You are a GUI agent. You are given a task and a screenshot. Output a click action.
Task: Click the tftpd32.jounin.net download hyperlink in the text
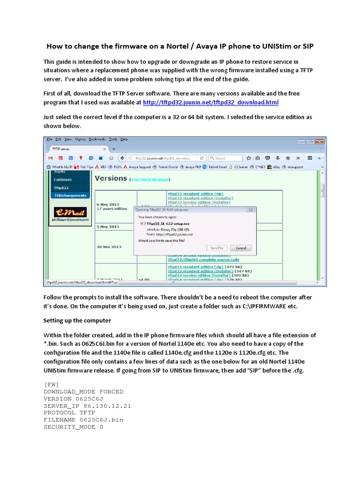211,102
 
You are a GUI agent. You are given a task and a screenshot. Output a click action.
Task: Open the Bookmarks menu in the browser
97,139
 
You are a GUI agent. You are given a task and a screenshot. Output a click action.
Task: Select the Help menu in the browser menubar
124,139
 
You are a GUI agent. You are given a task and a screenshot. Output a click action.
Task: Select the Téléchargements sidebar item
70,195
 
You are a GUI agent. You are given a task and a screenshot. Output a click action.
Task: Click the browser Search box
226,158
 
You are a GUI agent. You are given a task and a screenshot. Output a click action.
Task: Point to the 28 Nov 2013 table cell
109,246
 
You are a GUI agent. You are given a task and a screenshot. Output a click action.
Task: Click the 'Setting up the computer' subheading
77,321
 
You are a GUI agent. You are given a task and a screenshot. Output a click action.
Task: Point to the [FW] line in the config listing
52,384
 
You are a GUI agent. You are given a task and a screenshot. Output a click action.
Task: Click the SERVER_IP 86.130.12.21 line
87,405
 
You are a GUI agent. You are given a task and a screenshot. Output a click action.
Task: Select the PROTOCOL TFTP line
70,412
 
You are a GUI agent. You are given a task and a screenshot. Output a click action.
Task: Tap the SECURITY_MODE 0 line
73,427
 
